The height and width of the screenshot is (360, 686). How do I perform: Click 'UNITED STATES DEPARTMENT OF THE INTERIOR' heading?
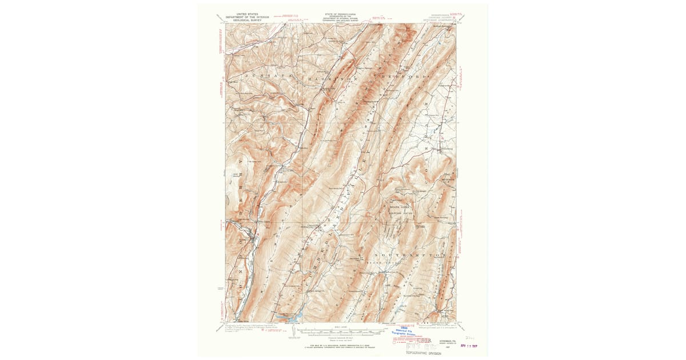(x=248, y=17)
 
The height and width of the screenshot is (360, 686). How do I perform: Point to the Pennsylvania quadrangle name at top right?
(x=444, y=18)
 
